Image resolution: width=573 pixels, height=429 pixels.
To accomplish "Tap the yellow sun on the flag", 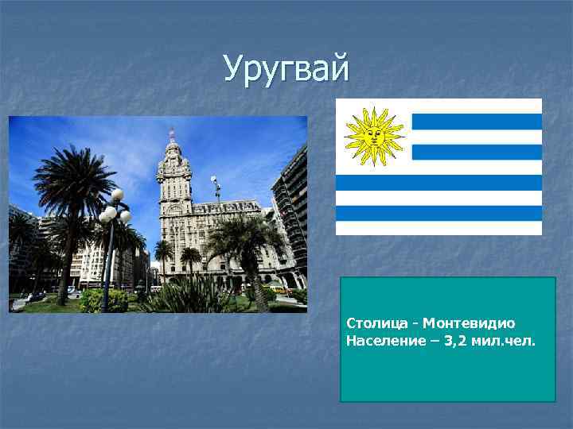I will tap(374, 136).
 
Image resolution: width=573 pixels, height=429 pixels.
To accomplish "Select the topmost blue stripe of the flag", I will tap(476, 122).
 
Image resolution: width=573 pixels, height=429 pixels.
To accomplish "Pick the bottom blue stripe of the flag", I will tap(439, 213).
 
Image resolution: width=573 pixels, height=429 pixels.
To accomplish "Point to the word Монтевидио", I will tap(469, 323).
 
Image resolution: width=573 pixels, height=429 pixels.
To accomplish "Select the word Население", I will tap(380, 341).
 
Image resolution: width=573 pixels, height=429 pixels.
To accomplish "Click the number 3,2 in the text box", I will tap(476, 341).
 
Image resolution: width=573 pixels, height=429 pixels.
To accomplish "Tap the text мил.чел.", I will tap(514, 341).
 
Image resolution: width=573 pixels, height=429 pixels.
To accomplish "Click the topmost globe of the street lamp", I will tap(118, 195).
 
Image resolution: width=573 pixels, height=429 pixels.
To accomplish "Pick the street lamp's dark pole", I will tap(106, 262).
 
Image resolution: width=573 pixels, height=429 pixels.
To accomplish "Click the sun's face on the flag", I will tap(374, 136).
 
